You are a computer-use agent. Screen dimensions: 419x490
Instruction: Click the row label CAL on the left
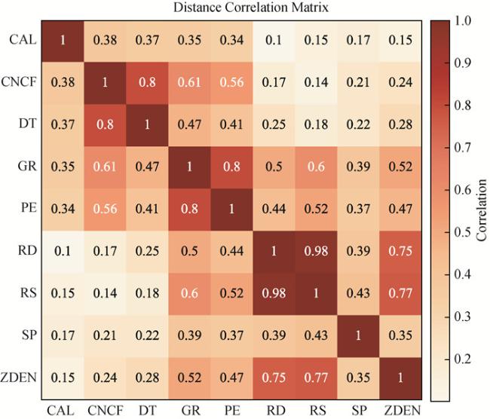20,38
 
